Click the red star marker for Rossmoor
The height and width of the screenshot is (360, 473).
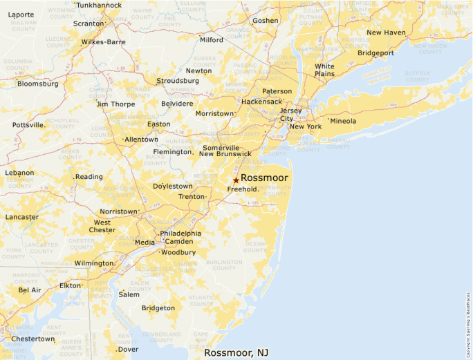pos(236,180)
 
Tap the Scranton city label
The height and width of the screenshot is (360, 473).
pos(88,23)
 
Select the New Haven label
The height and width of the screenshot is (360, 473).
pos(386,32)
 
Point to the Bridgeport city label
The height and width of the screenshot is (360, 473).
pos(376,53)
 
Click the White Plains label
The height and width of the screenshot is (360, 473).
pos(324,70)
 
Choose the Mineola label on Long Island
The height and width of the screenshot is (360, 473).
pos(343,121)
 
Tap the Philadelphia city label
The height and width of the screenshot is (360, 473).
pos(180,233)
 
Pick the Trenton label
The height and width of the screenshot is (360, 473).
pos(192,196)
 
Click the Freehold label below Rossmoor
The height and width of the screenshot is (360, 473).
pos(242,189)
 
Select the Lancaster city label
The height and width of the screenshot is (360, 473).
pos(22,217)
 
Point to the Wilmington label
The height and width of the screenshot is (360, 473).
pos(93,263)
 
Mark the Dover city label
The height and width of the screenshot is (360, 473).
pos(128,349)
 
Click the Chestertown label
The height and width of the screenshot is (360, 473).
pos(33,339)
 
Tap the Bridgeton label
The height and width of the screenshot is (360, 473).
pos(158,308)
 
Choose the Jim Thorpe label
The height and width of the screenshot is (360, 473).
pos(116,104)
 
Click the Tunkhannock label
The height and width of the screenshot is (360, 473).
pos(98,5)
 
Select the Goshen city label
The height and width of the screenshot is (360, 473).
pos(266,21)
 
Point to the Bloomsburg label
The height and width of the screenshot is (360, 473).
pos(38,84)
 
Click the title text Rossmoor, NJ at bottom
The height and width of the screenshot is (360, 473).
pos(236,353)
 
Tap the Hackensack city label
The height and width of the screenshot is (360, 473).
pos(261,102)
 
